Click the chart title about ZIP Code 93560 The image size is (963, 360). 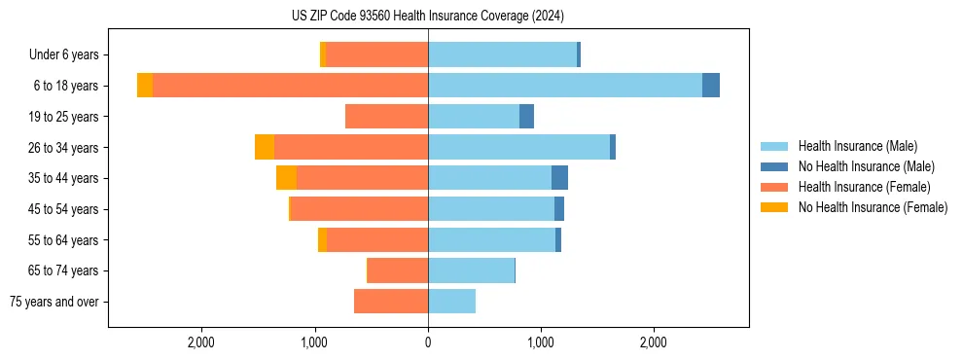point(428,16)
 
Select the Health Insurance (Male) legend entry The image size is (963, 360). point(857,146)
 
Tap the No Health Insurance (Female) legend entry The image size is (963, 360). point(873,207)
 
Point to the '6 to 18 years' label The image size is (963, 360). point(65,86)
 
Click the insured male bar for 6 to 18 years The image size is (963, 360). point(564,86)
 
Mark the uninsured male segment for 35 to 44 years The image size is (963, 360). point(559,178)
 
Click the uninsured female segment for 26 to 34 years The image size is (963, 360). point(265,147)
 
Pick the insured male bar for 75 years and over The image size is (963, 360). point(451,302)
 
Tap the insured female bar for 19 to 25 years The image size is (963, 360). point(386,117)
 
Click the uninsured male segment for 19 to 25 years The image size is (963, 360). point(526,117)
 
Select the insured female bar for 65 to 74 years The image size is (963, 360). point(398,270)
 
